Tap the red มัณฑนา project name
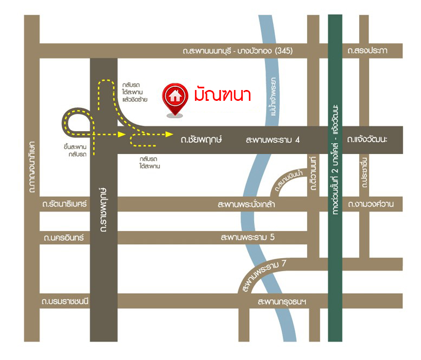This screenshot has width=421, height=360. [222, 95]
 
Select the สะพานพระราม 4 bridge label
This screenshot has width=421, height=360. [273, 140]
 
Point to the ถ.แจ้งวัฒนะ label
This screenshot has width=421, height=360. [368, 140]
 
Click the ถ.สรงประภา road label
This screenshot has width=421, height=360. [368, 51]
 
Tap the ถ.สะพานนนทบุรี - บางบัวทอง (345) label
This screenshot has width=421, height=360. [238, 51]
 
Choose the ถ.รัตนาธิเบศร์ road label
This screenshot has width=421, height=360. [65, 204]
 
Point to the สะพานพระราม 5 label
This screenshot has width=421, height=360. [248, 237]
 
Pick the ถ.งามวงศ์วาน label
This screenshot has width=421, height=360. [371, 204]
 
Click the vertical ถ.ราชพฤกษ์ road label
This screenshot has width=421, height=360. [102, 209]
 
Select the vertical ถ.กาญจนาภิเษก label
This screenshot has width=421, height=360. [32, 166]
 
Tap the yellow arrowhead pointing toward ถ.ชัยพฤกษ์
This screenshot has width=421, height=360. [169, 133]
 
